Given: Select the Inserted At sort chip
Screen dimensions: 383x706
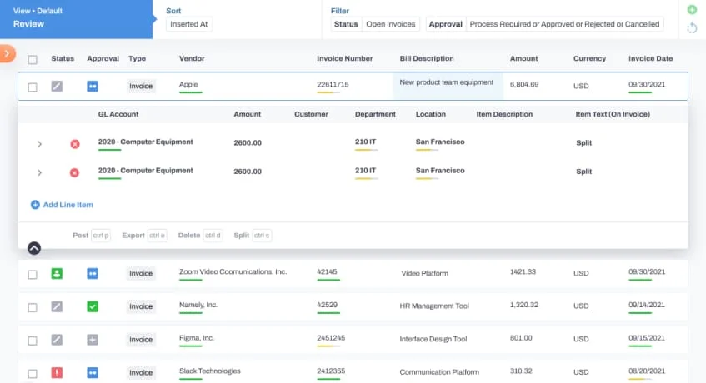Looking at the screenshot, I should click(x=189, y=24).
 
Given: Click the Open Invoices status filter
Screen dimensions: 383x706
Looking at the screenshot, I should click(x=390, y=24).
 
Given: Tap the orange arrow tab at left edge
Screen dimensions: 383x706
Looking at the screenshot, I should click(x=7, y=53).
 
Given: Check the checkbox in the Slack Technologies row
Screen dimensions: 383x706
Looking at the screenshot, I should click(x=33, y=372).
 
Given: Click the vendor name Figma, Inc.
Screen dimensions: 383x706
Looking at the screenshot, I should click(x=197, y=338).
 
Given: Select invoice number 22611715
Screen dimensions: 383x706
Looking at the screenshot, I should click(x=333, y=85).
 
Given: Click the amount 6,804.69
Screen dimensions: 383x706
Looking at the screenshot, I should click(x=524, y=85).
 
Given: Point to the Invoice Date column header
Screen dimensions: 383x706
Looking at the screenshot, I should click(x=650, y=59).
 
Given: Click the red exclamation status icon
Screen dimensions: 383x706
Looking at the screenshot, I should click(x=57, y=372).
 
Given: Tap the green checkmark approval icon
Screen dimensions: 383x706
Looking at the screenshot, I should click(x=93, y=306).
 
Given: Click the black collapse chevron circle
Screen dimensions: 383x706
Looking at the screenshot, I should click(x=34, y=247).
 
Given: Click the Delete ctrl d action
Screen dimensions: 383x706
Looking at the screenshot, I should click(x=200, y=236).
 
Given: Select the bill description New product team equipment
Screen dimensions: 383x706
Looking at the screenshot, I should click(x=447, y=82).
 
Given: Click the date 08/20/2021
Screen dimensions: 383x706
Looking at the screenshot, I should click(x=647, y=371).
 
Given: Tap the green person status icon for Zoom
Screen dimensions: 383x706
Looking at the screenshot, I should click(x=57, y=273).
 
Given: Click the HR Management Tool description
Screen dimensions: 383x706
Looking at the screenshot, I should click(x=434, y=306).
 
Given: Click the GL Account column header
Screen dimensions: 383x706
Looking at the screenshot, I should click(x=118, y=114).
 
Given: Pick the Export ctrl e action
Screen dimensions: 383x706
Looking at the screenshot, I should click(x=143, y=236).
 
